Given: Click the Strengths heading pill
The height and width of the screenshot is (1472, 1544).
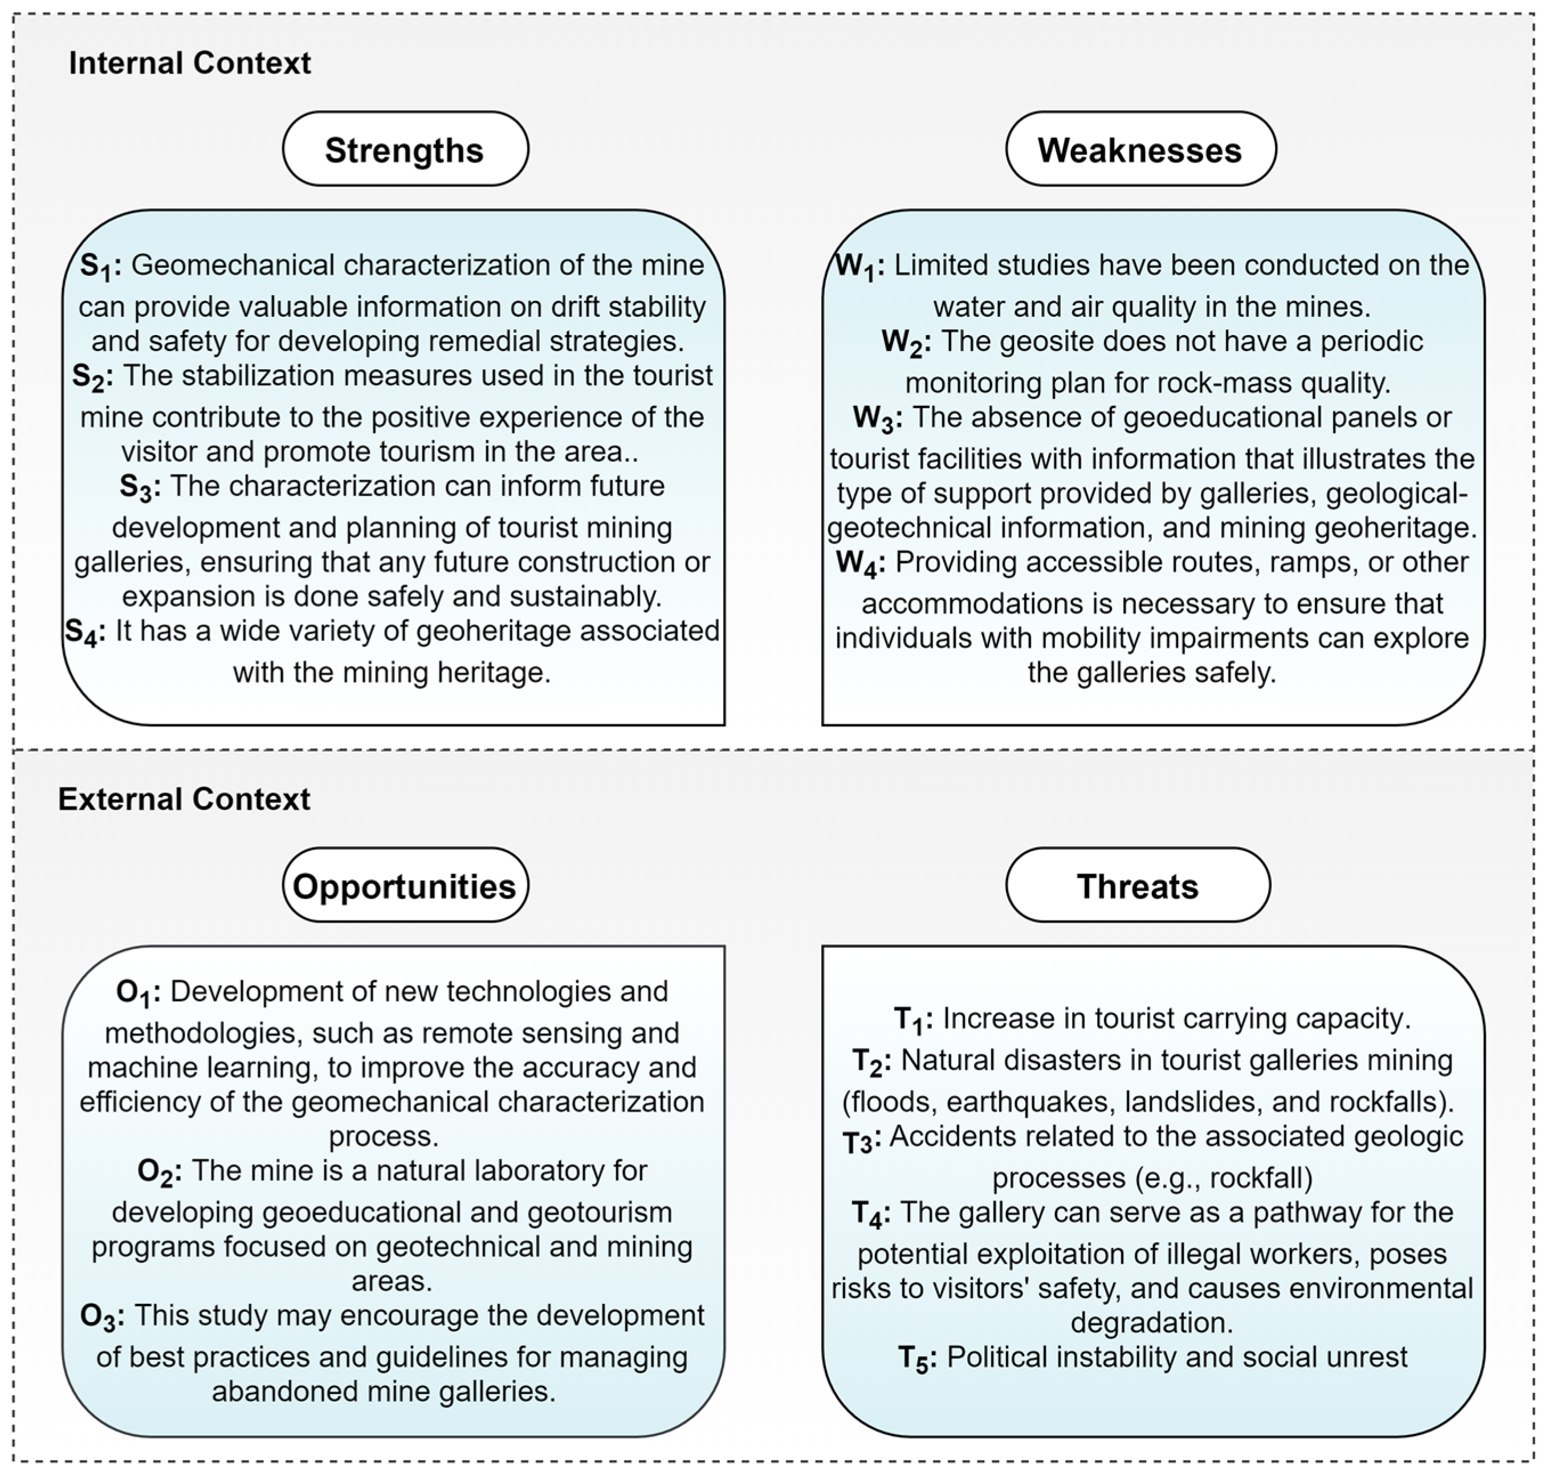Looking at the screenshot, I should point(405,149).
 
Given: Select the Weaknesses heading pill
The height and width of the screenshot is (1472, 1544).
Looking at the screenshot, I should point(1140,149).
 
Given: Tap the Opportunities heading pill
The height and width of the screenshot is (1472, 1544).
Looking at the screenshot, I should point(405,885).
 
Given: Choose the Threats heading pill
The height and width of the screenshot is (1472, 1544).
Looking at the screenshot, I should point(1138,885).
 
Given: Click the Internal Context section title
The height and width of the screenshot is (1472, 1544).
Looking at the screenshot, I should point(190,63).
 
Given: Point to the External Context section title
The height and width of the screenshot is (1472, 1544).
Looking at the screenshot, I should point(184,799).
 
